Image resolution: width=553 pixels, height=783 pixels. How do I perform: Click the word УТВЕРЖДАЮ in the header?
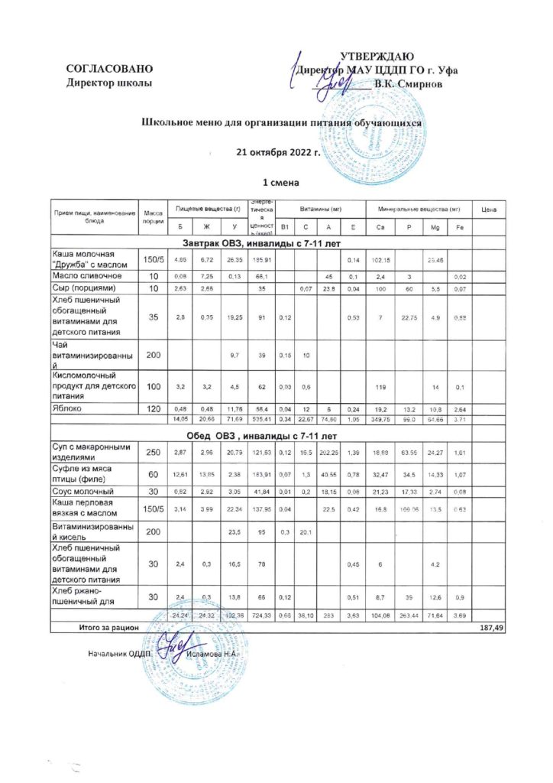pyautogui.click(x=377, y=57)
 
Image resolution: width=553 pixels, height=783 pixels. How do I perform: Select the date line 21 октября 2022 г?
pyautogui.click(x=276, y=152)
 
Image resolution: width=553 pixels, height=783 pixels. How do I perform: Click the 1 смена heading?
pyautogui.click(x=279, y=184)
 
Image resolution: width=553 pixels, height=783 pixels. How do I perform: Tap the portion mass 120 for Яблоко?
pyautogui.click(x=152, y=408)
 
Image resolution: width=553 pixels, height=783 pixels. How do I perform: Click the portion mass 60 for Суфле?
pyautogui.click(x=152, y=475)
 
